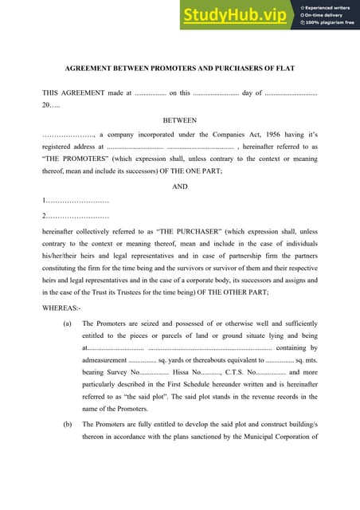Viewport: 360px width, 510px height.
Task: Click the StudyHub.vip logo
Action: (236, 15)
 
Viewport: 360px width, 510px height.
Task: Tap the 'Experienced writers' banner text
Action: (329, 7)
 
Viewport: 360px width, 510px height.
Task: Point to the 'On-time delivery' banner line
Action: (327, 14)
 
